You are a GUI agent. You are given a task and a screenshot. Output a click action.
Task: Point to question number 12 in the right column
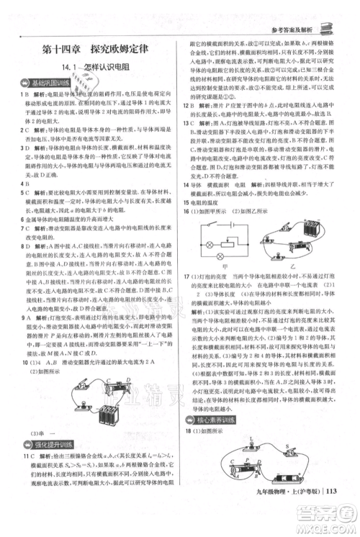point(186,104)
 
